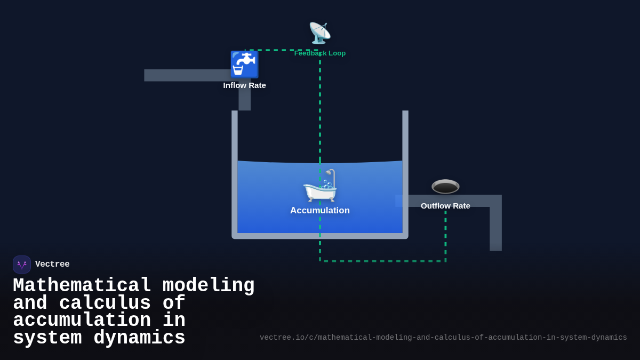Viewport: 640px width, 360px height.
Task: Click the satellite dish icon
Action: (x=319, y=33)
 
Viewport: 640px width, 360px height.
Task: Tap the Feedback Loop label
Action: (x=320, y=53)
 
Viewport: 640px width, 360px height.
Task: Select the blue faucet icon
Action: (x=244, y=65)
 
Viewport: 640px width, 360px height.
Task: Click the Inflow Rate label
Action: (x=244, y=85)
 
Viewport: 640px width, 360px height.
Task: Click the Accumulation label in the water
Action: (x=320, y=211)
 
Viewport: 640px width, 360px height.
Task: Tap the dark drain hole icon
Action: (x=445, y=186)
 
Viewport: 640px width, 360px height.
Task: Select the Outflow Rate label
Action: (x=445, y=206)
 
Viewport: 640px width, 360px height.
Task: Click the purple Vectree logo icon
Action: (x=22, y=265)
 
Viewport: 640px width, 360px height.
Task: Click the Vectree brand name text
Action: (x=52, y=265)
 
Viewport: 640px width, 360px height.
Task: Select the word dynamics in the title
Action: (x=139, y=338)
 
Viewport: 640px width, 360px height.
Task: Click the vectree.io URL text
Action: (x=443, y=338)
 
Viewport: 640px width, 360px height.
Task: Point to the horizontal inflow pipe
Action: (x=187, y=75)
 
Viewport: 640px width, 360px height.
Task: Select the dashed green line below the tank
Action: (x=382, y=261)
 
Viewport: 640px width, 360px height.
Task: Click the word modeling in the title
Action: (x=209, y=286)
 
